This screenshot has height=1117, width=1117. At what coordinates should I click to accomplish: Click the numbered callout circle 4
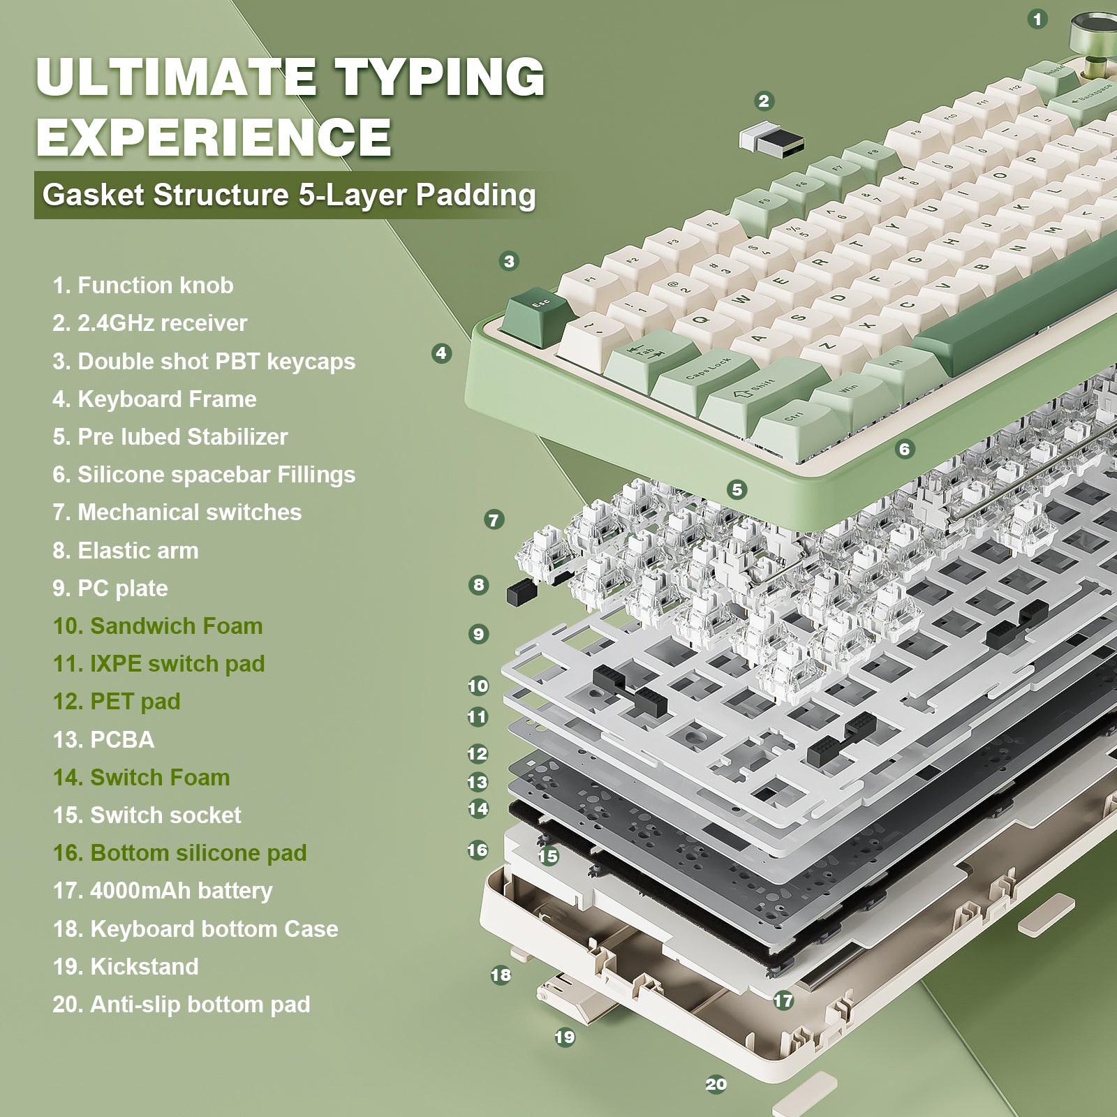pos(441,353)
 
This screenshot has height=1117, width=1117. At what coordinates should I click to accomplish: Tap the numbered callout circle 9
pos(478,634)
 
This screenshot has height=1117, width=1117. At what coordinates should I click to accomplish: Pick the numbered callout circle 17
pos(783,1000)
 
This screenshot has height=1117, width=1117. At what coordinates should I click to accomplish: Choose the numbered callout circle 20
pos(716,1084)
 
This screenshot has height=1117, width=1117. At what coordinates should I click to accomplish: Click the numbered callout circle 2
pos(764,101)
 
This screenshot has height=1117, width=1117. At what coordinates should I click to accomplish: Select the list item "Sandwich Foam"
pos(158,626)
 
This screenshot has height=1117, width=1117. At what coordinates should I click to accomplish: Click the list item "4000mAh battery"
pos(163,891)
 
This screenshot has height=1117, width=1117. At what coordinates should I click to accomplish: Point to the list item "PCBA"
pos(103,739)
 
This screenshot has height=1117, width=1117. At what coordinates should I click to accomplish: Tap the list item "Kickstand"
pos(126,966)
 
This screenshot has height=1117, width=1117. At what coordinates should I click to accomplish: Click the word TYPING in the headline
pos(440,77)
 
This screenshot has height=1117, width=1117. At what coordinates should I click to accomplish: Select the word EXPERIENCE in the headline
pos(214,136)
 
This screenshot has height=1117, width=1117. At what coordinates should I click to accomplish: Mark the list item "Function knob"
pos(143,285)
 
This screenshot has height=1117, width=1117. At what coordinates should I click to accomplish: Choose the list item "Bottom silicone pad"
pos(179,852)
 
